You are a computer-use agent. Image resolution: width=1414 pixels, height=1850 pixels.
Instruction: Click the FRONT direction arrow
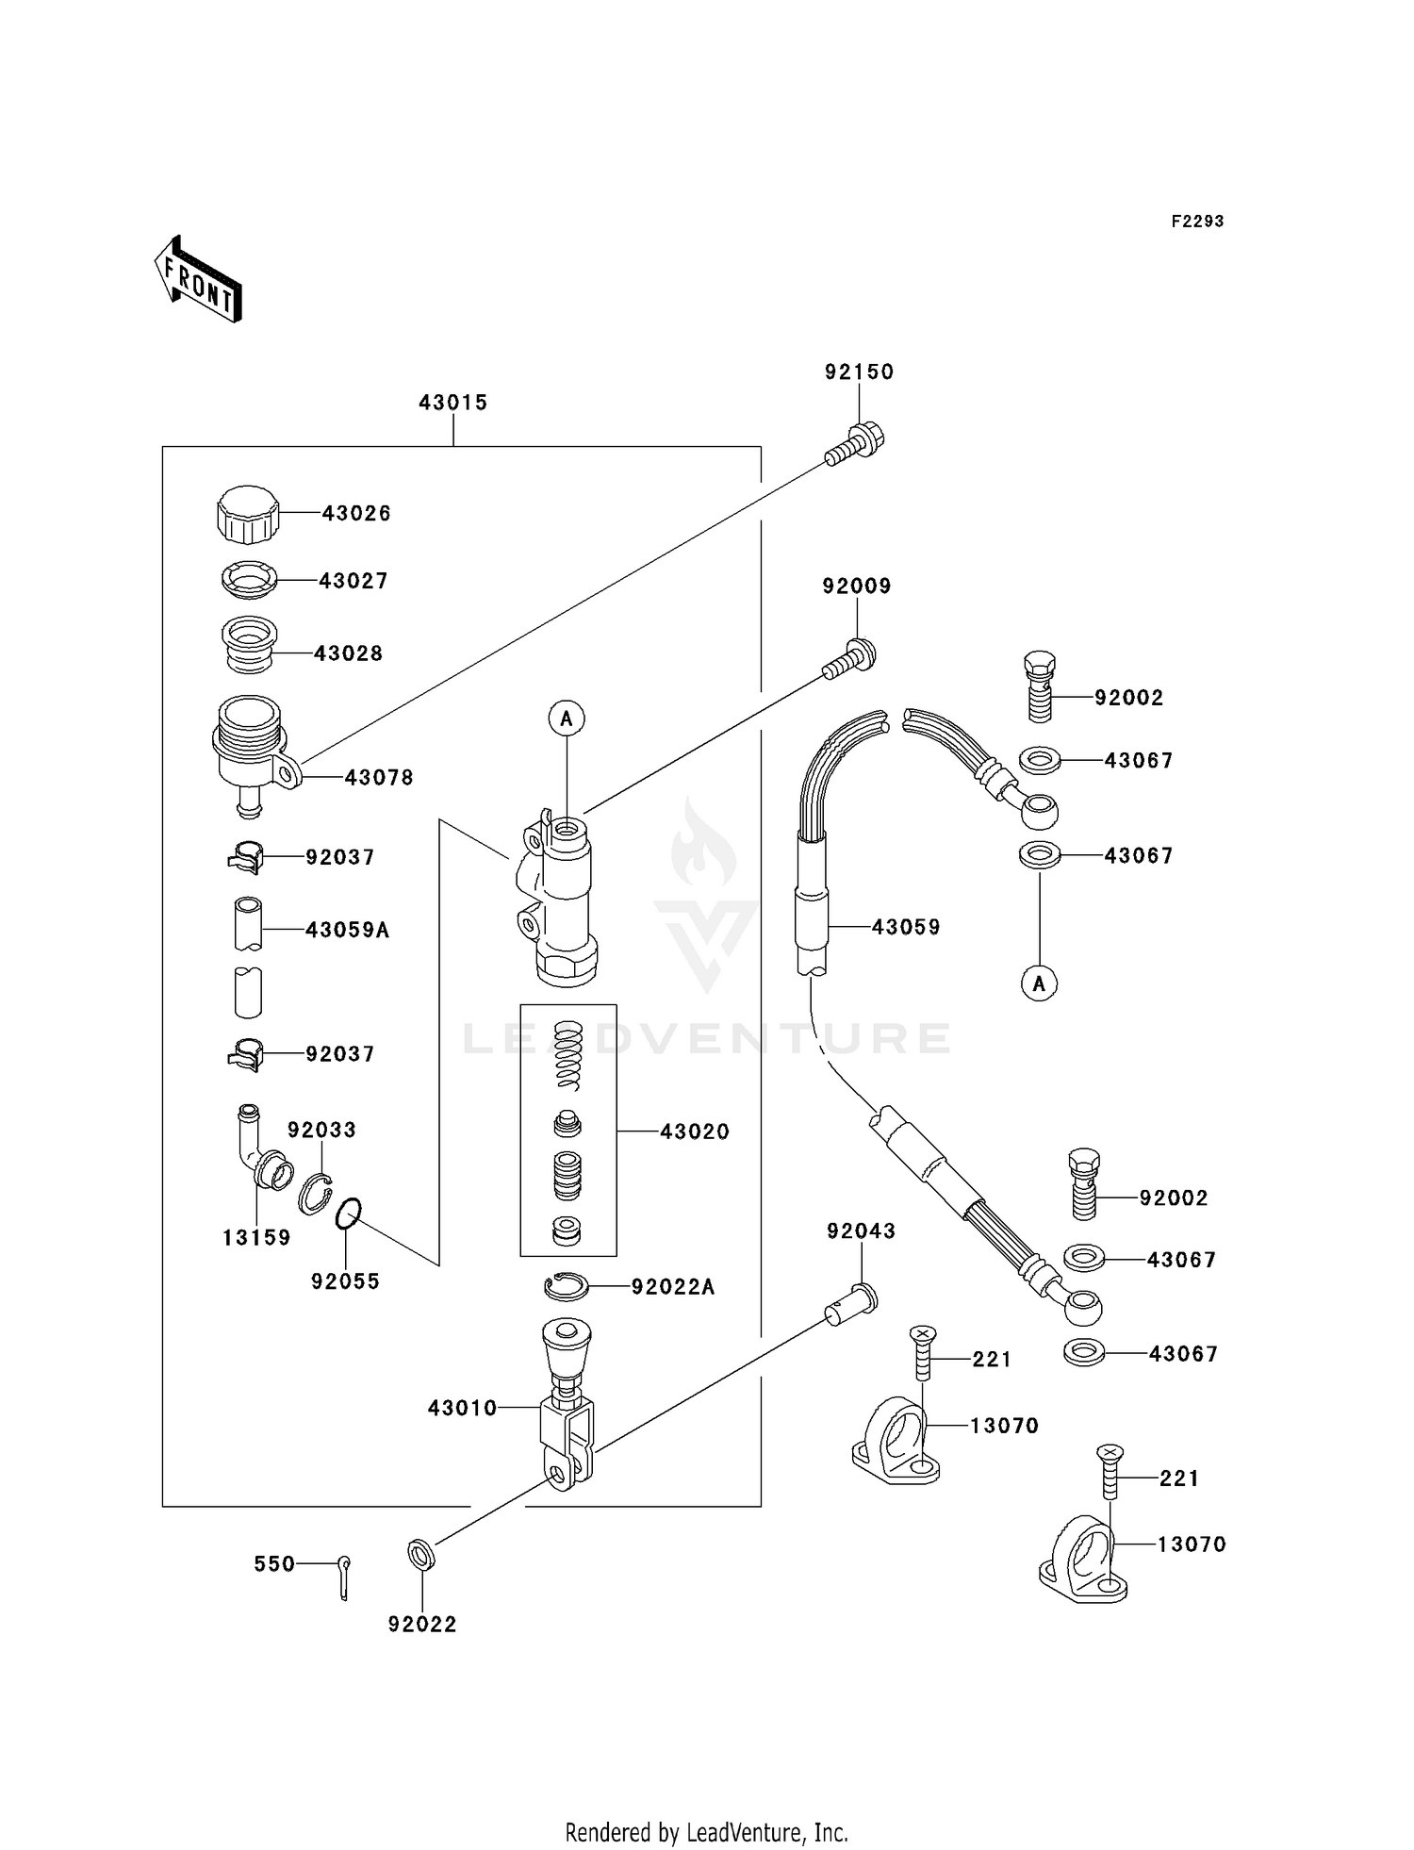tap(199, 279)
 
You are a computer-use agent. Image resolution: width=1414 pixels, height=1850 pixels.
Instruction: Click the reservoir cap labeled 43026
tap(248, 515)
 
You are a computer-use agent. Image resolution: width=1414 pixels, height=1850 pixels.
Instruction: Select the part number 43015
tap(452, 403)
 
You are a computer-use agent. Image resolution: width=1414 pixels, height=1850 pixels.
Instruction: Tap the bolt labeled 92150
tap(856, 444)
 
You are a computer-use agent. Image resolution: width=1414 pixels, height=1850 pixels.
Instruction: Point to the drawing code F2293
tap(1197, 222)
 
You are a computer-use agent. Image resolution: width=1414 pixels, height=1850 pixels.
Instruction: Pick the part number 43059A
tap(347, 930)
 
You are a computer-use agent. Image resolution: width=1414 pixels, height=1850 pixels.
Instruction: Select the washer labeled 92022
tap(421, 1554)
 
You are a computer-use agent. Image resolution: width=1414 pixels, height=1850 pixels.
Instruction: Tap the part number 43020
tap(695, 1131)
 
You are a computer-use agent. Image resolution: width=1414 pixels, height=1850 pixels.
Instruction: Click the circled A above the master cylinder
tap(567, 719)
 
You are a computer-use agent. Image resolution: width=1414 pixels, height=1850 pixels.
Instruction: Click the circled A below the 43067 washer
tap(1039, 983)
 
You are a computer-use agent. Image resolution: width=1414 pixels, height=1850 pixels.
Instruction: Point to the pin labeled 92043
tap(853, 1303)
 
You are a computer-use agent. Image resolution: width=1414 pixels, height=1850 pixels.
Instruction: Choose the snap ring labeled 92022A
tap(567, 1285)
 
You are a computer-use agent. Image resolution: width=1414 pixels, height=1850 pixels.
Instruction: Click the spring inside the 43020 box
tap(567, 1056)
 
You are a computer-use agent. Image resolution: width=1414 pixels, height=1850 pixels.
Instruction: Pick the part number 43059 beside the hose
tap(905, 927)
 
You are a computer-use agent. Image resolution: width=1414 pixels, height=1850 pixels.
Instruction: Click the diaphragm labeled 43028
tap(249, 644)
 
